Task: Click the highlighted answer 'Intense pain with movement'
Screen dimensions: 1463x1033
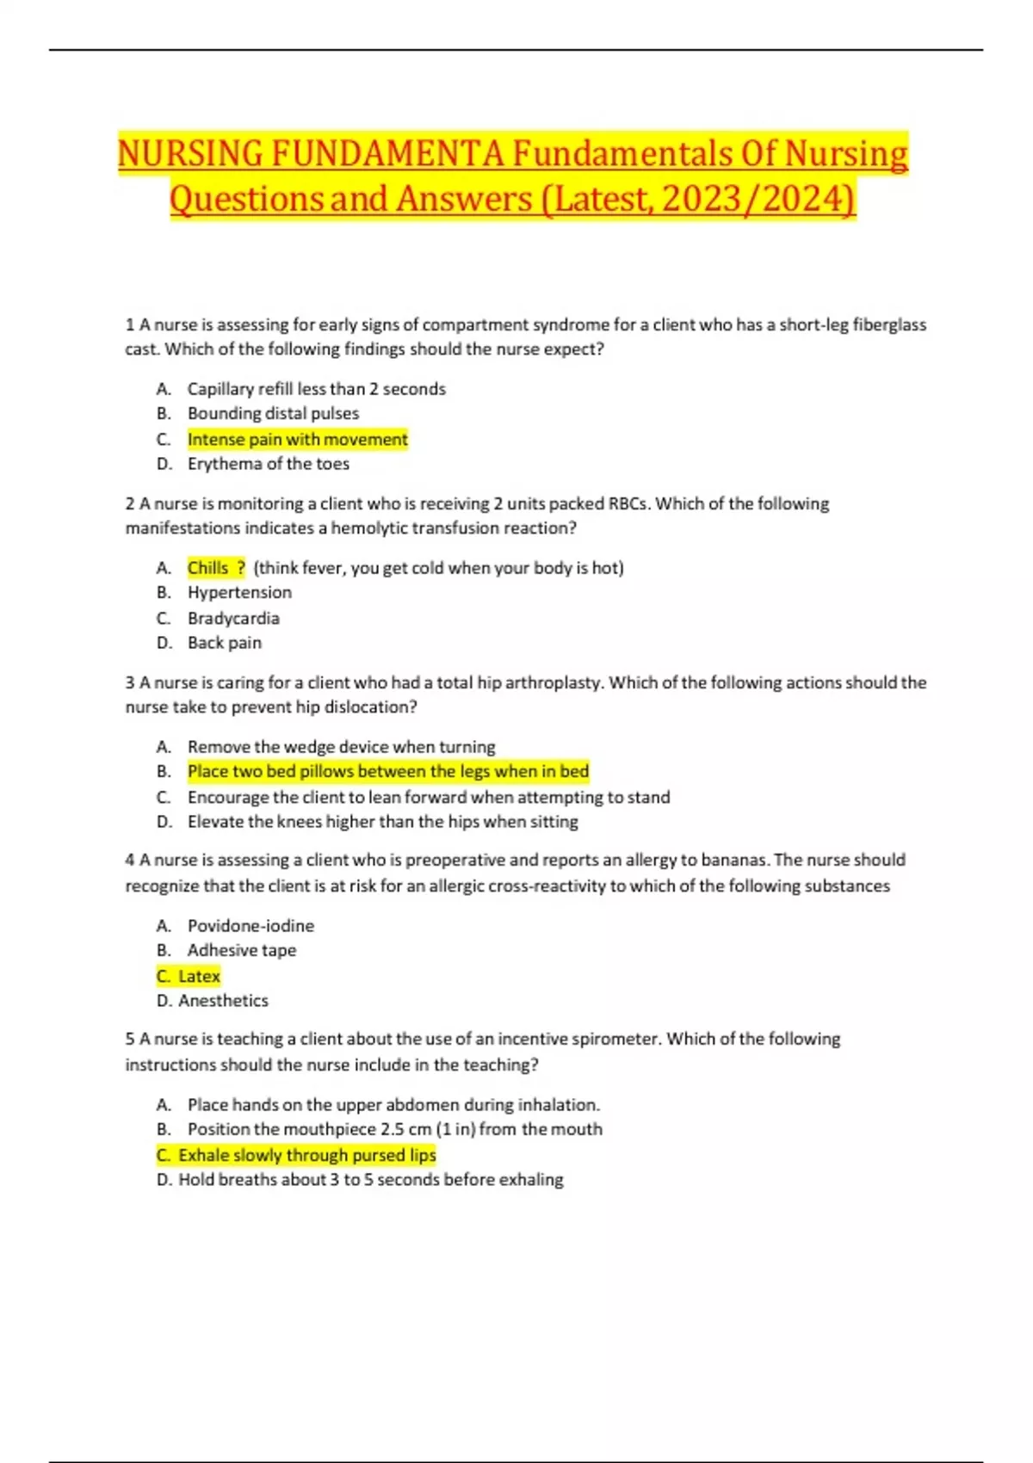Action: pyautogui.click(x=297, y=440)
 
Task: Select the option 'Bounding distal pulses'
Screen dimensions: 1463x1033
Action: pyautogui.click(x=273, y=414)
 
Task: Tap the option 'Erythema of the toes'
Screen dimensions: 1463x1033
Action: pyautogui.click(x=268, y=464)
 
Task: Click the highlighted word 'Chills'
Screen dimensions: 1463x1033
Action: pyautogui.click(x=208, y=568)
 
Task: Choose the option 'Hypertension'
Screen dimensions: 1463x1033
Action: pyautogui.click(x=239, y=593)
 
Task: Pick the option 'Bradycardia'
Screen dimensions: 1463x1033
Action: pyautogui.click(x=233, y=619)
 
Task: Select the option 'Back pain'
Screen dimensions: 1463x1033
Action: pyautogui.click(x=224, y=643)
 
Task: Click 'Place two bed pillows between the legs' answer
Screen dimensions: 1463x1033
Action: pyautogui.click(x=387, y=772)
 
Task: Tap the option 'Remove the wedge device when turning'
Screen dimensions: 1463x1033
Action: pyautogui.click(x=341, y=747)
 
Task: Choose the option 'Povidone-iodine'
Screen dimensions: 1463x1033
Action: pyautogui.click(x=251, y=926)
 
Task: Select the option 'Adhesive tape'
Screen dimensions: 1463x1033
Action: pyautogui.click(x=241, y=951)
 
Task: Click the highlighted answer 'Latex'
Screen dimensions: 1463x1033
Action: pyautogui.click(x=199, y=977)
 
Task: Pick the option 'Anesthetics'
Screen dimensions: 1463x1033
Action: pyautogui.click(x=223, y=1001)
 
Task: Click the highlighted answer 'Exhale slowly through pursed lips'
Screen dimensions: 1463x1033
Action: pyautogui.click(x=306, y=1156)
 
